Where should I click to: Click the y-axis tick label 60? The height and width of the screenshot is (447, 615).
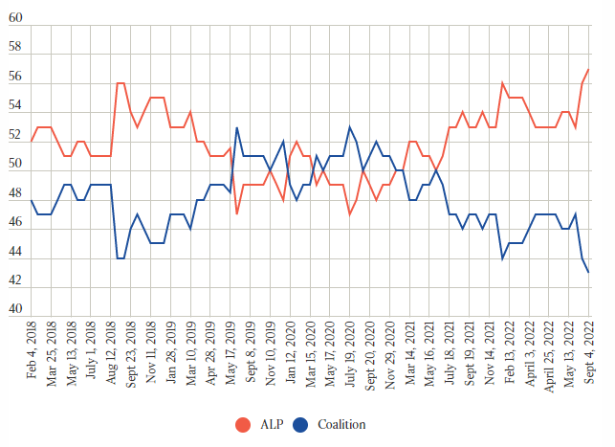coord(15,17)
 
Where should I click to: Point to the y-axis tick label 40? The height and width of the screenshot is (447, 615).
coord(15,308)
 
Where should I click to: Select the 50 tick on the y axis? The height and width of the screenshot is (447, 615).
coord(15,164)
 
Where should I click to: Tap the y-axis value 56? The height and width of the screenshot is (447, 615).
coord(15,75)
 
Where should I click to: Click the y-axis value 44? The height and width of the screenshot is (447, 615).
coord(15,252)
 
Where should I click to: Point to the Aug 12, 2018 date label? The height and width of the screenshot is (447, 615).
coord(112,354)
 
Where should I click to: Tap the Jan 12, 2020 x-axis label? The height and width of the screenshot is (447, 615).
coord(291,353)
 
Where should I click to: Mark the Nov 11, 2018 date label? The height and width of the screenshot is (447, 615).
coord(152,353)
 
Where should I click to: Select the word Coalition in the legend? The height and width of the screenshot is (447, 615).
coord(341,424)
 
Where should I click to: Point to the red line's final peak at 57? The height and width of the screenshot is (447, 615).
coord(588,69)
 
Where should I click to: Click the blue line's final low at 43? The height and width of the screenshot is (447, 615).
coord(588,273)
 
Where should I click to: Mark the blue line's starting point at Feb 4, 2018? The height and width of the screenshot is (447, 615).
coord(32,200)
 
